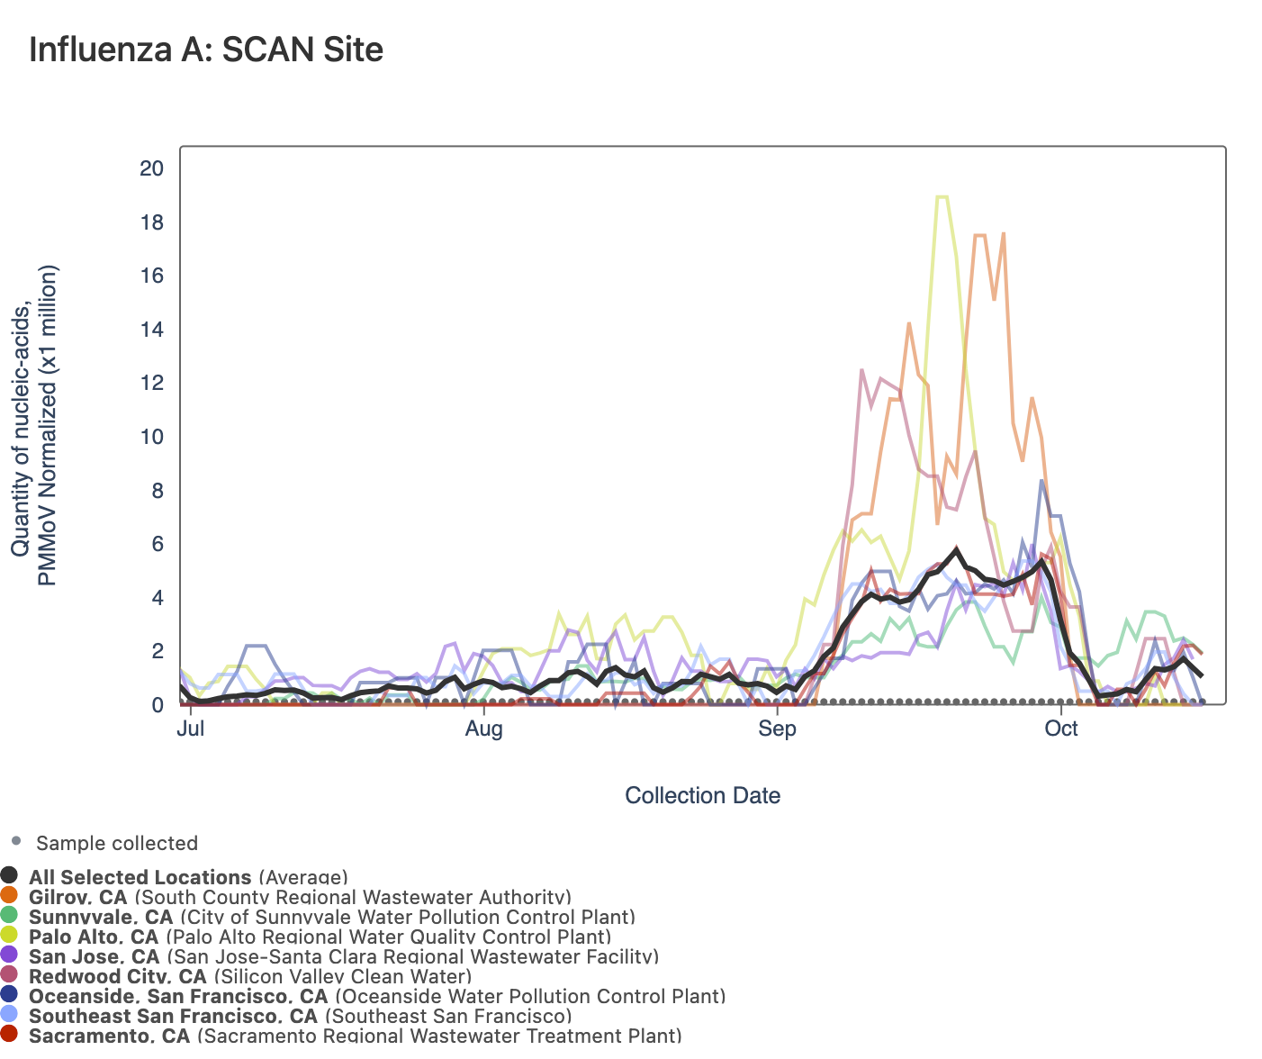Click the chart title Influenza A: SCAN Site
coord(206,50)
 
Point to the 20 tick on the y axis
coord(151,168)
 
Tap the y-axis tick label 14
coord(151,330)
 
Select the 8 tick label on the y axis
coord(157,491)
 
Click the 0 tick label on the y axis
coord(157,705)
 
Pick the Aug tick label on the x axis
coord(483,729)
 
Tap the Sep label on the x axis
coord(777,729)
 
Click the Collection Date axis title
coord(702,796)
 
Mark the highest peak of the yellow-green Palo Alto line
coord(942,196)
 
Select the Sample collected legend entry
coord(116,844)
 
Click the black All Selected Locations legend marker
coord(10,876)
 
